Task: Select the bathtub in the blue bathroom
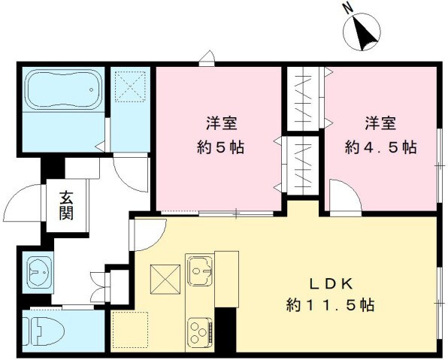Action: pos(62,89)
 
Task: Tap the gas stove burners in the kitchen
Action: pos(201,331)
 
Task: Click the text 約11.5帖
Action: pos(330,306)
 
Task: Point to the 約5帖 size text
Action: pos(219,147)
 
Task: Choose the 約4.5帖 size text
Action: pos(380,147)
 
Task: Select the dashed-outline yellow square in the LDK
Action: pos(130,331)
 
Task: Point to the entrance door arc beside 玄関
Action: pos(23,203)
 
